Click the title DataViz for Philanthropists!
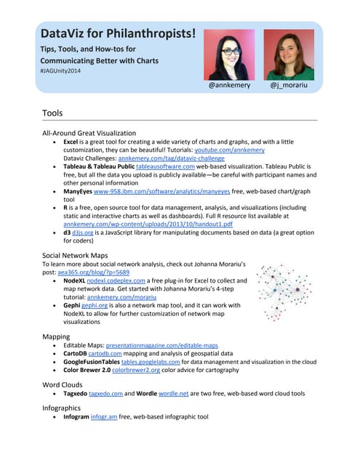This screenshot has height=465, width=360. coord(118,33)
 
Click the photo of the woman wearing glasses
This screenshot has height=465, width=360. coord(230,54)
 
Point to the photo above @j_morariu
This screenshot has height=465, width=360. coord(289,54)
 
